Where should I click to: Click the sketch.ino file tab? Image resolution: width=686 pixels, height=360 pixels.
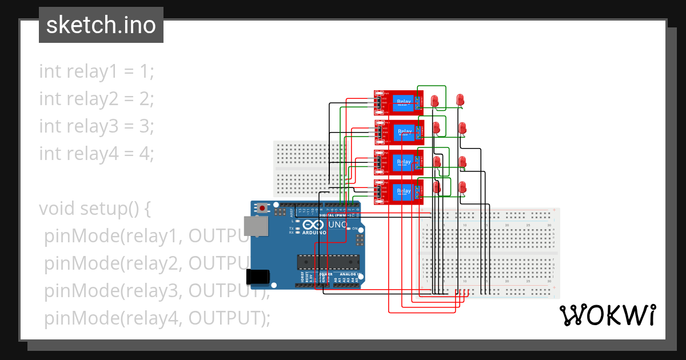pos(101,25)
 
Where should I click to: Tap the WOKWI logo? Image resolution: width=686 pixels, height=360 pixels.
pos(607,315)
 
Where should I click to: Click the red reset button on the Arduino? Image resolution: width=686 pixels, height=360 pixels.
pos(262,208)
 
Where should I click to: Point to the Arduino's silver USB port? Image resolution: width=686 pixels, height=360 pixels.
pos(255,226)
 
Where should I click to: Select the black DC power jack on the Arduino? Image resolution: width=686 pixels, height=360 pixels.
pos(257,277)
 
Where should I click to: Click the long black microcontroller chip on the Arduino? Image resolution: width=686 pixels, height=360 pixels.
pos(328,262)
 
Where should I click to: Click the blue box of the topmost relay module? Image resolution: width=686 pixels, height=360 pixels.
pos(404,102)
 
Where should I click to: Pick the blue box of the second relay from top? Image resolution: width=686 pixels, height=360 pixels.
pos(405,133)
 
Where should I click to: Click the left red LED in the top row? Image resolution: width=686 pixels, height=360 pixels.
pos(435,101)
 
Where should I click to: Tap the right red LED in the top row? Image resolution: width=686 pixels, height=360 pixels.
pos(461,99)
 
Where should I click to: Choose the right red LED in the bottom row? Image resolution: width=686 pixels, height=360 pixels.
pos(462,187)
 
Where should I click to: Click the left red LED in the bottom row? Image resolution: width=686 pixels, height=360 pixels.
pos(437,187)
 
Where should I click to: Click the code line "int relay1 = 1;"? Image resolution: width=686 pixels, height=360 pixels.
pos(97,71)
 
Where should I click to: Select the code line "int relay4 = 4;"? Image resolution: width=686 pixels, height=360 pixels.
pos(97,154)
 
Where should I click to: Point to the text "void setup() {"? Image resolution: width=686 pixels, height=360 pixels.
pos(94,209)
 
